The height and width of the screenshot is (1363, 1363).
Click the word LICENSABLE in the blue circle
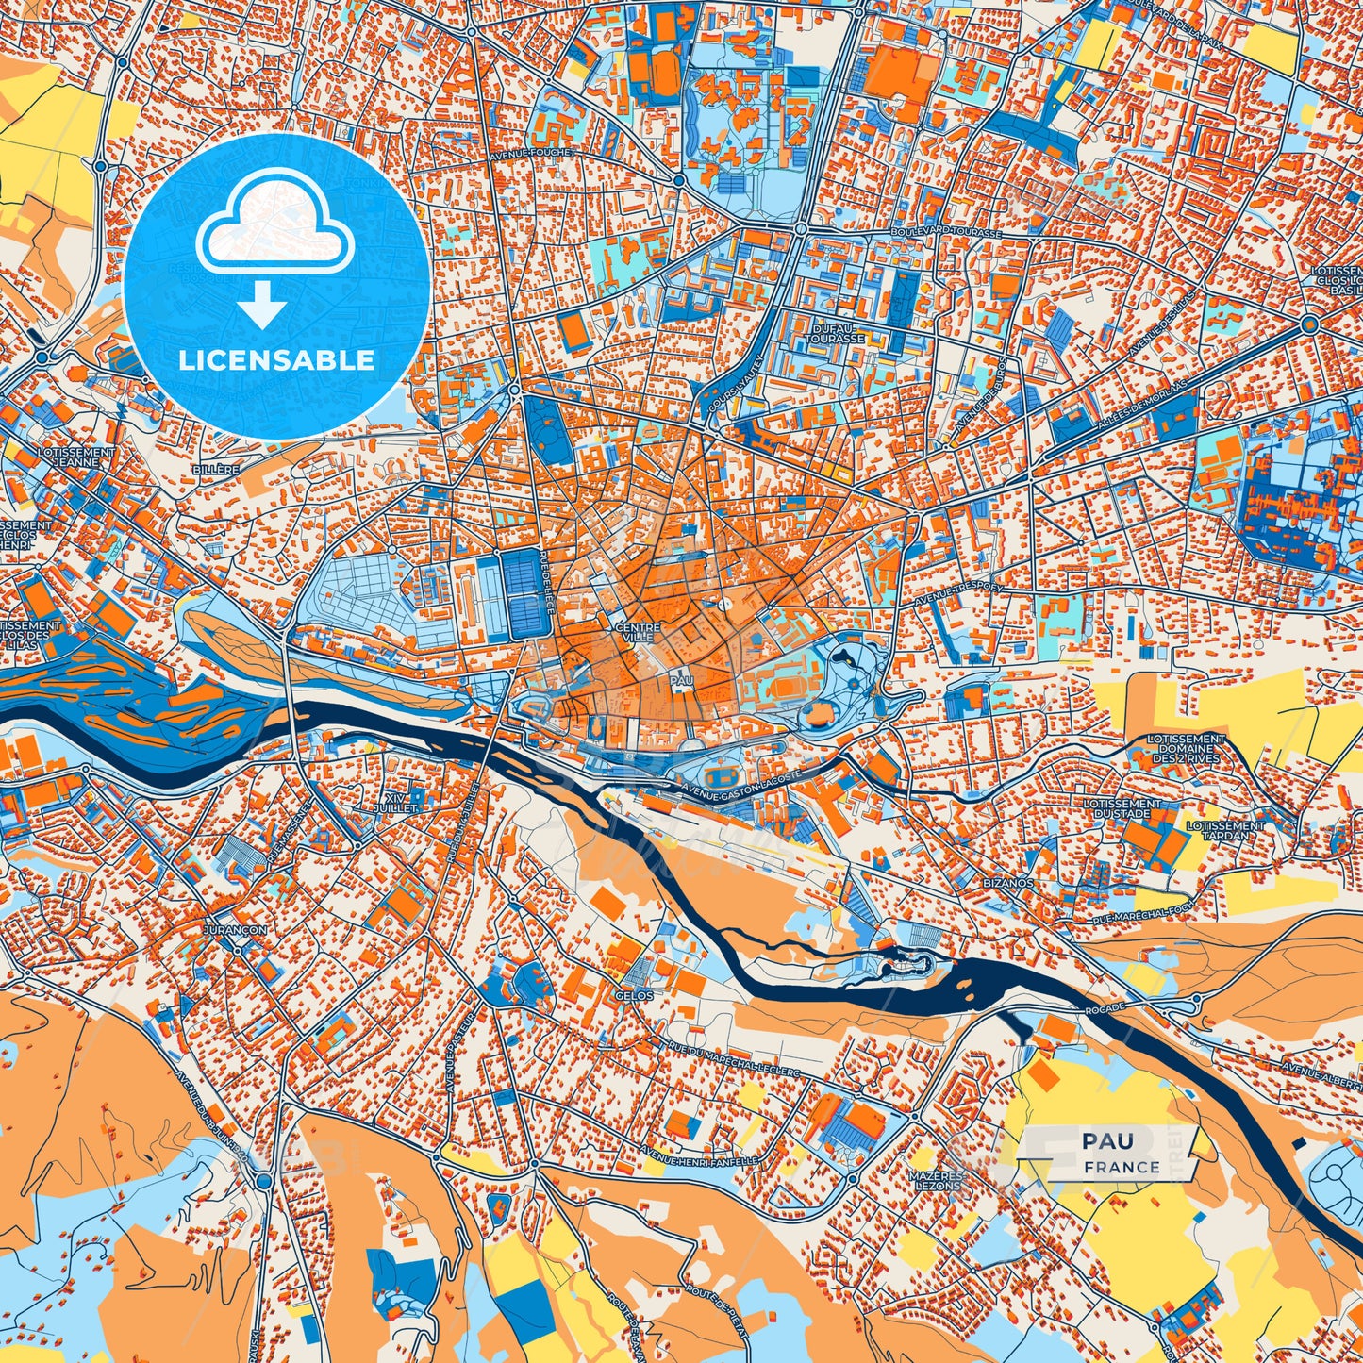click(276, 360)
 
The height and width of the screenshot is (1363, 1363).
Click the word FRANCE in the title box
click(1122, 1167)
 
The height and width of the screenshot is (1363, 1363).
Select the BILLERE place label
click(214, 469)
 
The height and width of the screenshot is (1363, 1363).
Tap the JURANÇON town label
click(234, 929)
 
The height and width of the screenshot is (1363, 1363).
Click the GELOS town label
click(638, 995)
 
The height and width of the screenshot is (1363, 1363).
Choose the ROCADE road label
click(1105, 1009)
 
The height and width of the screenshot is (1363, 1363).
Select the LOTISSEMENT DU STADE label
click(1122, 808)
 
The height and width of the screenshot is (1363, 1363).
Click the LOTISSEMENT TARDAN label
click(1224, 830)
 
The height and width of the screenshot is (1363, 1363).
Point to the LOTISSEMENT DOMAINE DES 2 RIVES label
click(1186, 749)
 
